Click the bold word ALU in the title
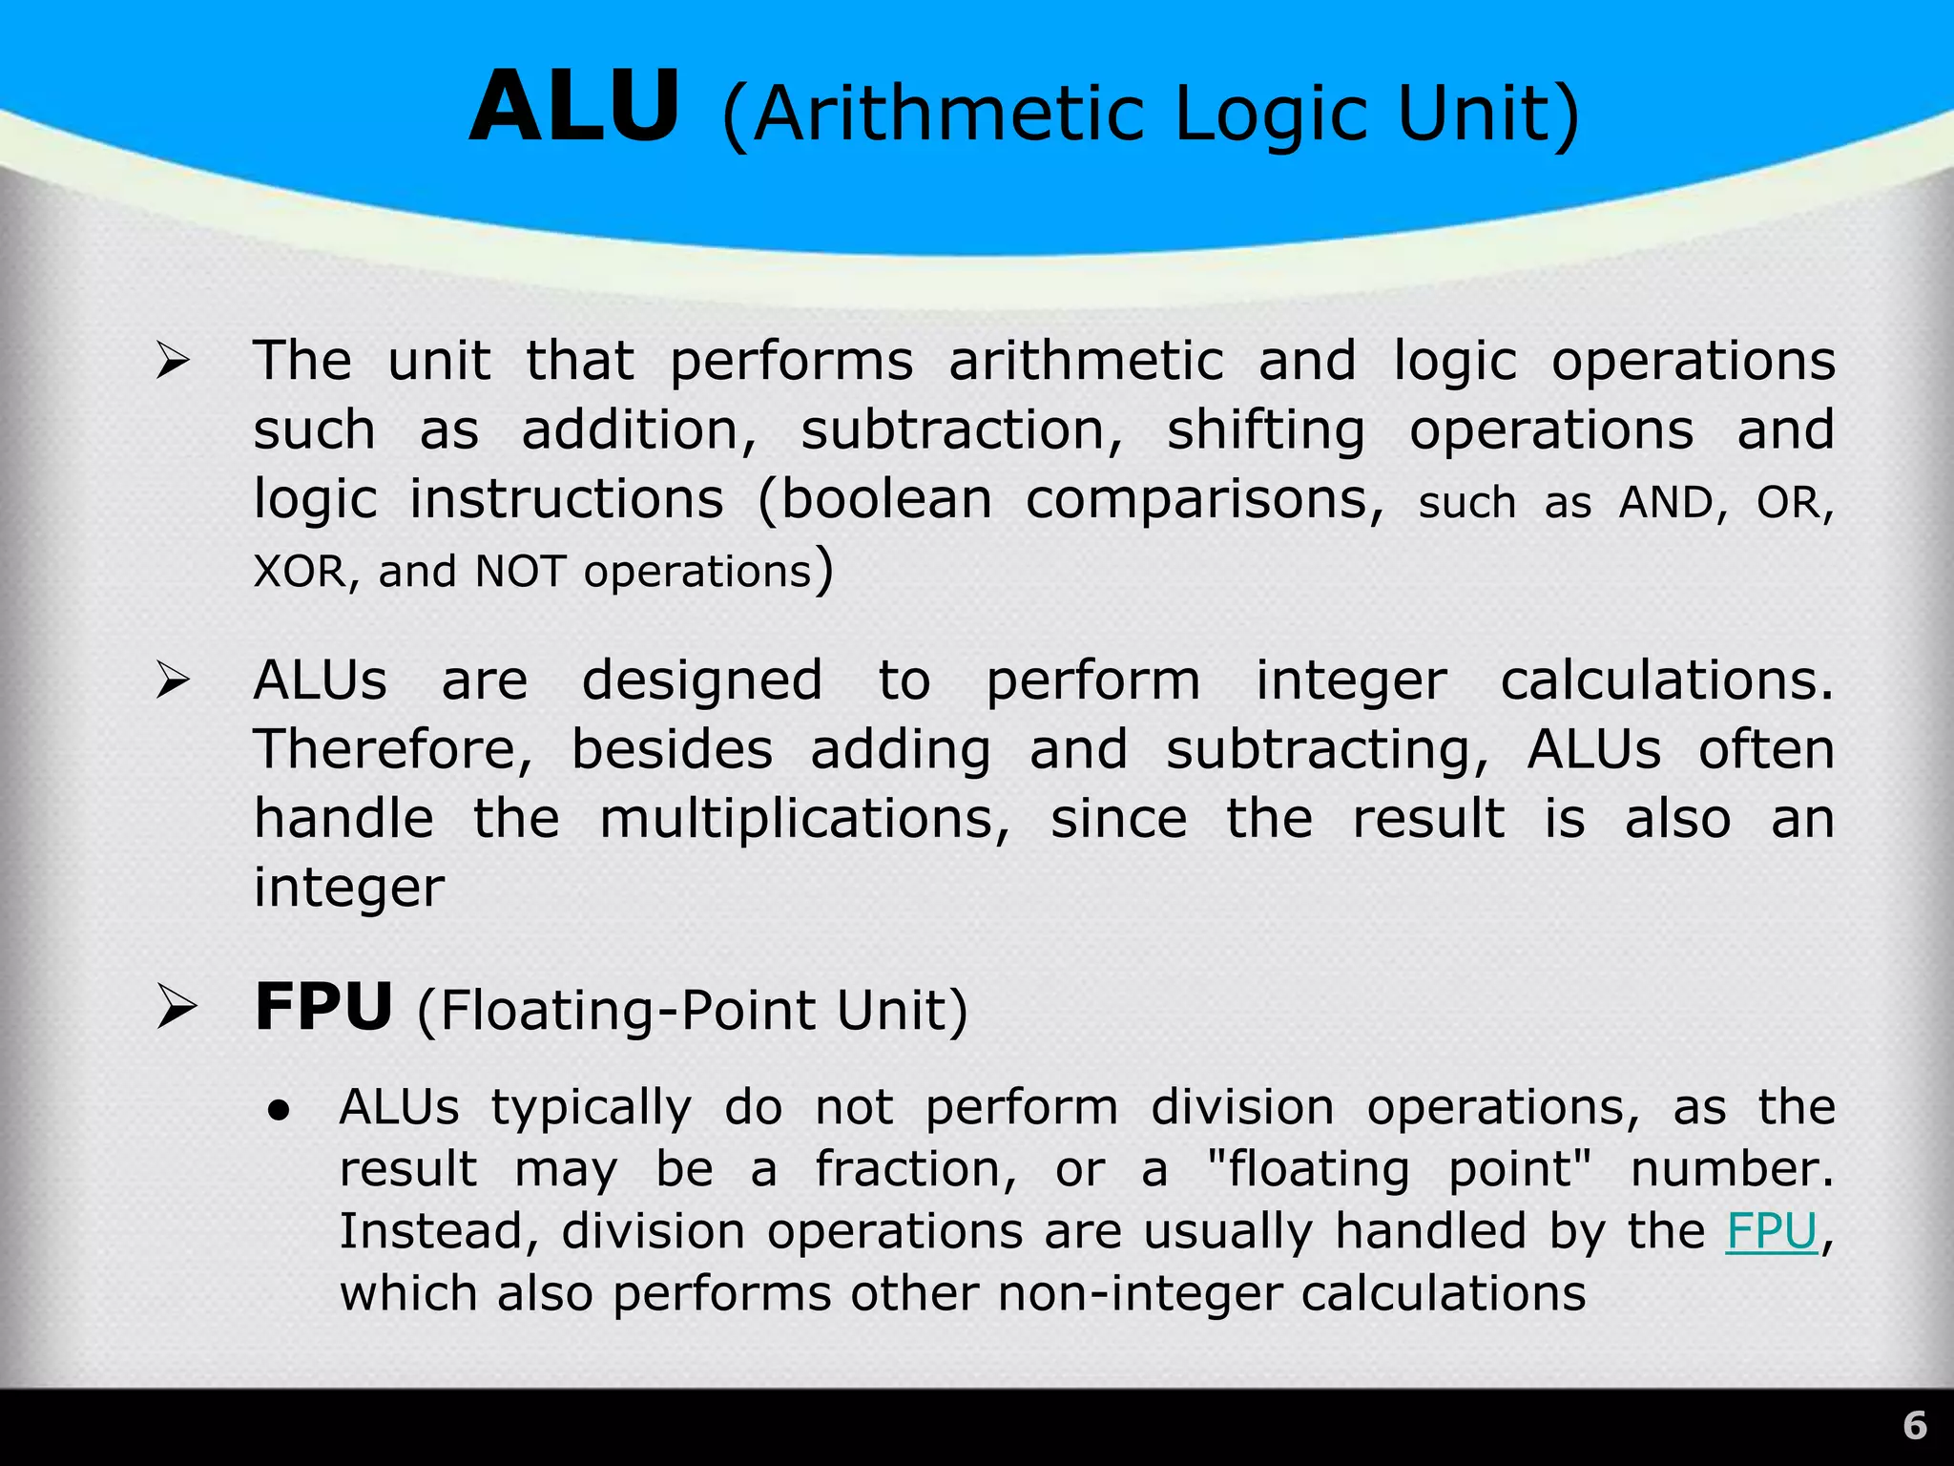574,107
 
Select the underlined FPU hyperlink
1771,1231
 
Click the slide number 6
1914,1426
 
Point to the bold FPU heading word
323,1008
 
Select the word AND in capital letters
1665,503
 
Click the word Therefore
392,750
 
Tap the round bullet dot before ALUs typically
279,1110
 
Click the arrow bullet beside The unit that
175,362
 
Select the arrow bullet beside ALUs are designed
175,681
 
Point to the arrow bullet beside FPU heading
177,1008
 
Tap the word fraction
915,1170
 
